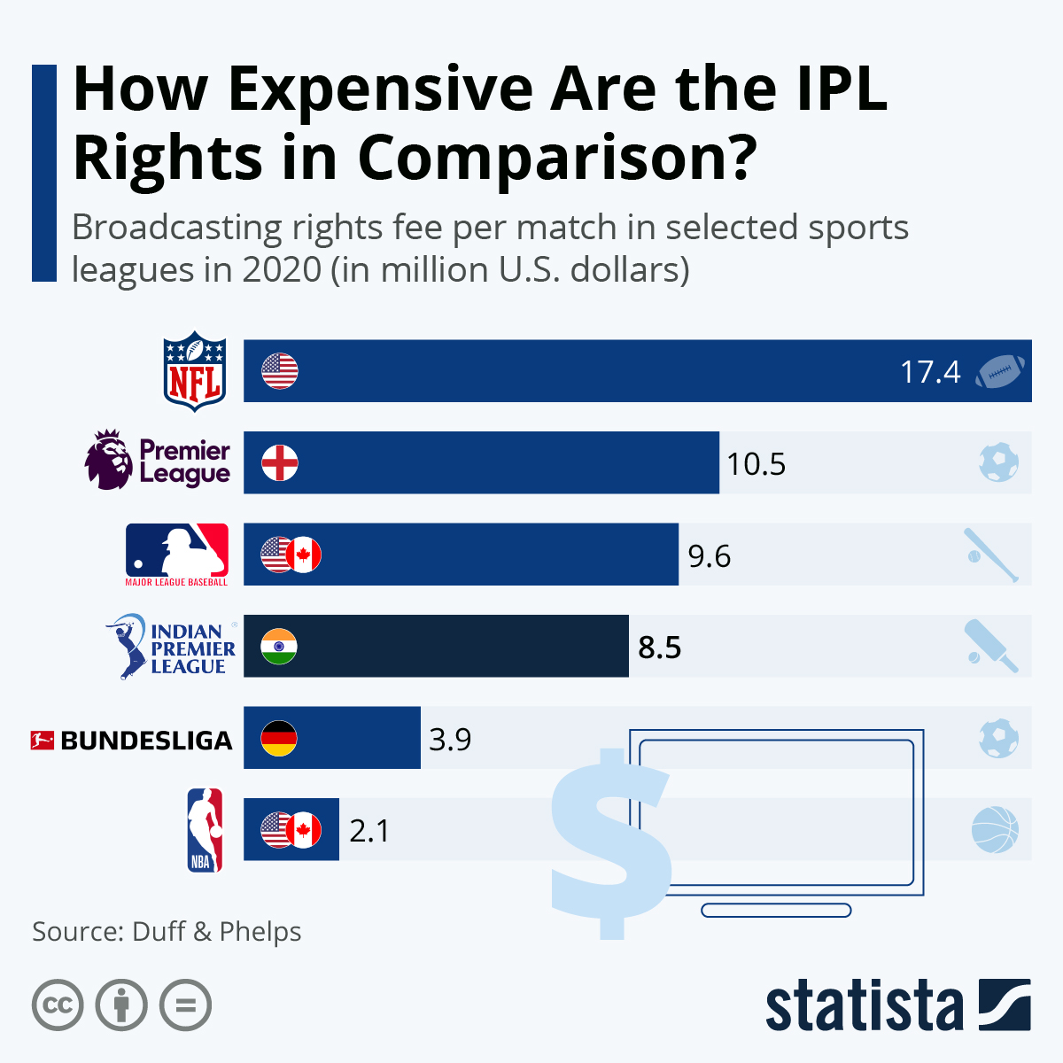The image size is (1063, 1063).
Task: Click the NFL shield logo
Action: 196,371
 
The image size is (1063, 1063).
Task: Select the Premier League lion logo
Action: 109,460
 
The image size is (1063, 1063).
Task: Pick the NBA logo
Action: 205,830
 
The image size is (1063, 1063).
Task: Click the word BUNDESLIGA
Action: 146,741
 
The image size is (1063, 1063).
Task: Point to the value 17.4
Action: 930,372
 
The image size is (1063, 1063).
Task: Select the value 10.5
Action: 757,464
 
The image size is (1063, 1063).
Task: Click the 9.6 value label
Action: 710,556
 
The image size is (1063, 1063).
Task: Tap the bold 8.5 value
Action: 660,648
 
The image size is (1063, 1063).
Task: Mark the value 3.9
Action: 450,739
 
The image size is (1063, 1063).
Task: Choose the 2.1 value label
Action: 369,831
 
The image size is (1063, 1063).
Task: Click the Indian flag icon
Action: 279,647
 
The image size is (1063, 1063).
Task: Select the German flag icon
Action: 279,738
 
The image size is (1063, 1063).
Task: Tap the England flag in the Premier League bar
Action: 280,463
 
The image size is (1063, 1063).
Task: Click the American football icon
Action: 999,372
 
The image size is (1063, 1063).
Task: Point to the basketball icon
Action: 995,830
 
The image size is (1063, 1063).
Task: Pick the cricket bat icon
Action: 991,647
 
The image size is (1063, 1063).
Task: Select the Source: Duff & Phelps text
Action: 167,932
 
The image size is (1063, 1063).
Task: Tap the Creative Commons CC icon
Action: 58,1005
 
